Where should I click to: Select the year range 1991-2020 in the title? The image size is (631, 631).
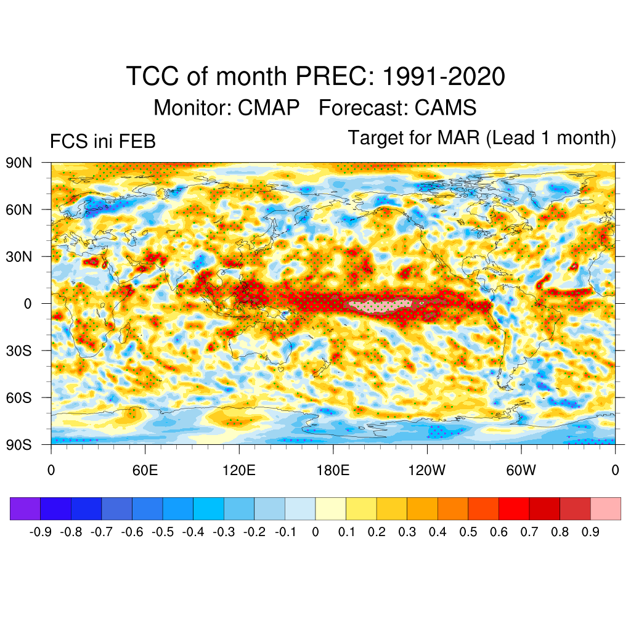tap(444, 77)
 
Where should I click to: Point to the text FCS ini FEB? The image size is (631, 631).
tap(102, 142)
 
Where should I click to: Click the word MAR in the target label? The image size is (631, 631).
tap(458, 137)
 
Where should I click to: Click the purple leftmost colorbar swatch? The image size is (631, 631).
tap(25, 508)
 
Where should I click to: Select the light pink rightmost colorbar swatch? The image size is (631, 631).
tap(606, 508)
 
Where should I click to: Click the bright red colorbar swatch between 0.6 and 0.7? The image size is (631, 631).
tap(514, 508)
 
